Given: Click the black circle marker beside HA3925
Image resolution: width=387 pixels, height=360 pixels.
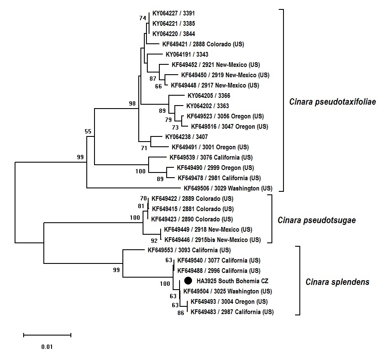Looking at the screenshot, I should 188,281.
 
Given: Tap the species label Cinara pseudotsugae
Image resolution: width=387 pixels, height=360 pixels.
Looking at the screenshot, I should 317,220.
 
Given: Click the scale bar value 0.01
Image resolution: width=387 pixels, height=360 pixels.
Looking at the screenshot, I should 47,346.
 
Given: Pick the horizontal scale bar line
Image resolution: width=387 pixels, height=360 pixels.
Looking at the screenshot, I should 47,335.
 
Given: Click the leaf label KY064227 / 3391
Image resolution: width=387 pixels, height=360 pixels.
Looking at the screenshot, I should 174,13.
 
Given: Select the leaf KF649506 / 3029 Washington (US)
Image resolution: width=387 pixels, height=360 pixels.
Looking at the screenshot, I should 228,188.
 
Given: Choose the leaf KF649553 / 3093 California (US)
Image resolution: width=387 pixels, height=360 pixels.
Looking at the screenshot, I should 189,250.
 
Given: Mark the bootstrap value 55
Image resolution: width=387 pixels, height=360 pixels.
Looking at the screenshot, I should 88,131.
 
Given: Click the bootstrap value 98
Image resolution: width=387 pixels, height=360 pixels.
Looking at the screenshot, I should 132,103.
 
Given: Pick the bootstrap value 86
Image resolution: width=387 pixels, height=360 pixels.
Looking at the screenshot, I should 180,313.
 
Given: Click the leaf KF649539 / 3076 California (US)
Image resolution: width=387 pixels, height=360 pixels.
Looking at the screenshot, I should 211,157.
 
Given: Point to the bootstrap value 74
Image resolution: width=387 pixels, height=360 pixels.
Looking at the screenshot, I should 143,18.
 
